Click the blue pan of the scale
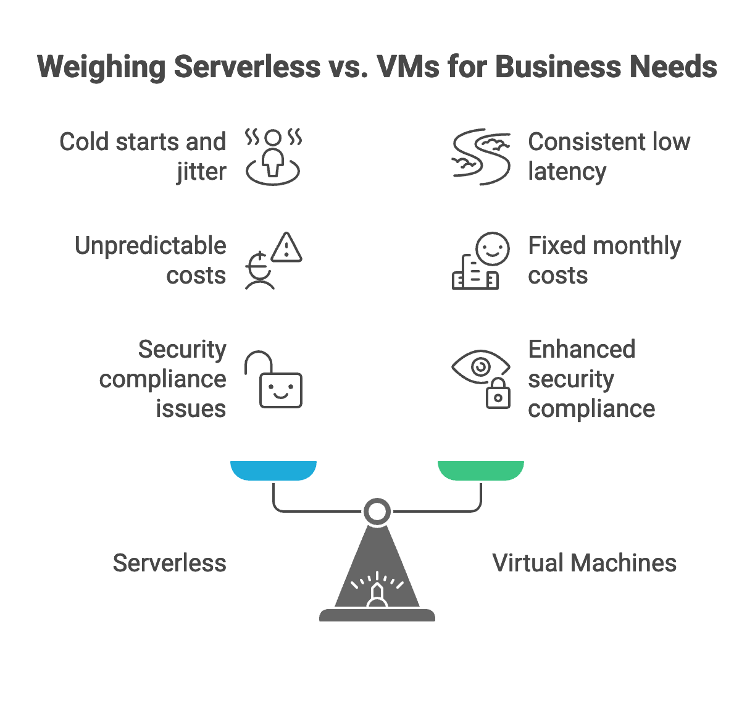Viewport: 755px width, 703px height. click(x=273, y=470)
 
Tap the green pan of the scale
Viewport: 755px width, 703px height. click(x=481, y=470)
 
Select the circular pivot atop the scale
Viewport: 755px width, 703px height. click(x=377, y=511)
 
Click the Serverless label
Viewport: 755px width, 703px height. click(x=169, y=563)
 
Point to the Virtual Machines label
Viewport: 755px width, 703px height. click(x=584, y=563)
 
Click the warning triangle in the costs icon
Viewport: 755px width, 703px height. click(x=286, y=248)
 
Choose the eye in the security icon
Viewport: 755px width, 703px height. click(x=480, y=366)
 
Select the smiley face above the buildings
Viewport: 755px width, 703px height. click(x=493, y=249)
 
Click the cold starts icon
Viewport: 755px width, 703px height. click(x=273, y=157)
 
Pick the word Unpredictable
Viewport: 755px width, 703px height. click(x=151, y=246)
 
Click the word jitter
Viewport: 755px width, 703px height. click(x=201, y=171)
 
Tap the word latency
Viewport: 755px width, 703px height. click(x=567, y=171)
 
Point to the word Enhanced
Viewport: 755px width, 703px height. click(x=582, y=349)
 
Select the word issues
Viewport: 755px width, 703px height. click(x=191, y=408)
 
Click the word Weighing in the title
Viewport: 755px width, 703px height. click(x=101, y=67)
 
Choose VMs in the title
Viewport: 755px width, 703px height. click(x=408, y=67)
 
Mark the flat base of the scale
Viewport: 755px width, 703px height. click(x=377, y=615)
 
